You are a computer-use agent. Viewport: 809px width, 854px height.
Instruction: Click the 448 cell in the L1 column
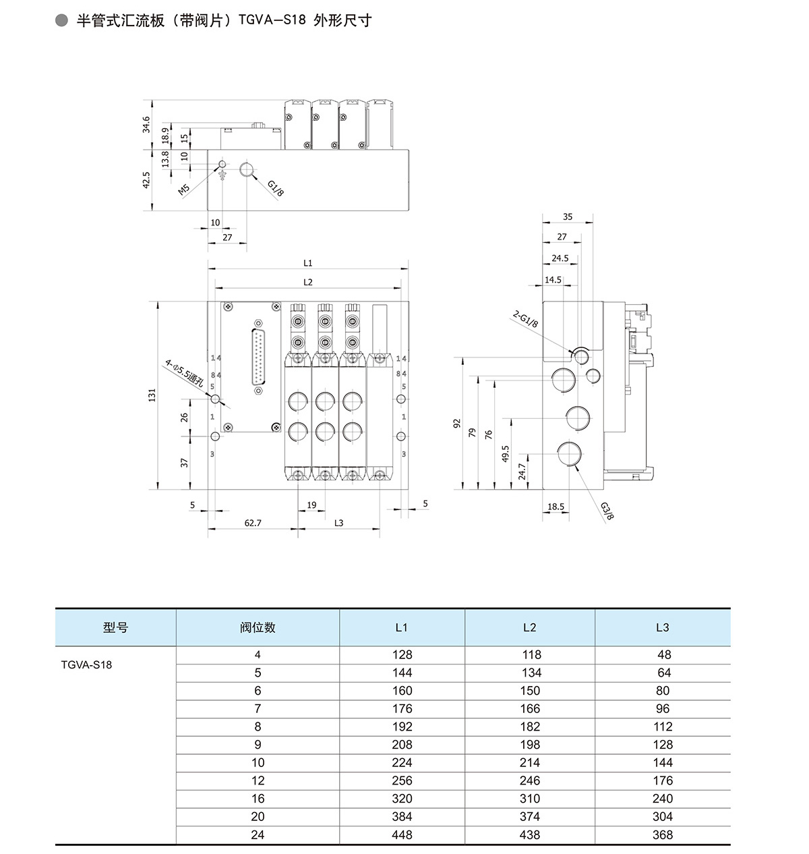[x=402, y=834]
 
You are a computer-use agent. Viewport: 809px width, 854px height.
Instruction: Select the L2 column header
[x=530, y=627]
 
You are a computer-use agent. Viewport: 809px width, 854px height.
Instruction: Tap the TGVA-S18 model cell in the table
[x=86, y=664]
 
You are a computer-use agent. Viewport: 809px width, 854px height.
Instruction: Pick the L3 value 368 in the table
[x=663, y=834]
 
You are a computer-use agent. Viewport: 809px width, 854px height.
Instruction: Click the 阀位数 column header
[x=258, y=627]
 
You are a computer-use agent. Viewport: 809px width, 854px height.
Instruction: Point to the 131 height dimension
[x=152, y=395]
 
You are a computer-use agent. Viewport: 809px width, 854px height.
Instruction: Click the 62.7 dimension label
[x=253, y=523]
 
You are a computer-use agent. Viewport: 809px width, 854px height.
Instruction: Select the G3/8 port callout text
[x=607, y=511]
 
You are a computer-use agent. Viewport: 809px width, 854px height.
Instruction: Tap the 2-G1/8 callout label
[x=526, y=318]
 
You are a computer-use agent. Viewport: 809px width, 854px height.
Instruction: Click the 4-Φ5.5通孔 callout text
[x=184, y=373]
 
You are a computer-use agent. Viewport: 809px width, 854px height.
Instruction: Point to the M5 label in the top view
[x=184, y=190]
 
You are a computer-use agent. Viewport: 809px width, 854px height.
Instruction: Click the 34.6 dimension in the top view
[x=146, y=124]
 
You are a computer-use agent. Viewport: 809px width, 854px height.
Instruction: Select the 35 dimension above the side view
[x=568, y=217]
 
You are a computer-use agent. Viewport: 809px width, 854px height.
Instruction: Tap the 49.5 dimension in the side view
[x=506, y=453]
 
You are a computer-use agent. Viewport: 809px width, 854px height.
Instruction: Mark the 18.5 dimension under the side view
[x=556, y=507]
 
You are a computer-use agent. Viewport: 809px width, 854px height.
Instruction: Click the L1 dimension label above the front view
[x=307, y=263]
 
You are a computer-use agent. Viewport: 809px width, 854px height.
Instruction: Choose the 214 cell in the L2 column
[x=530, y=762]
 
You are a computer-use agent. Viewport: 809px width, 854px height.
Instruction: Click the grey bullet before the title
[x=62, y=20]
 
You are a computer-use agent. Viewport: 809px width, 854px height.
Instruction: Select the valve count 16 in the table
[x=258, y=799]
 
